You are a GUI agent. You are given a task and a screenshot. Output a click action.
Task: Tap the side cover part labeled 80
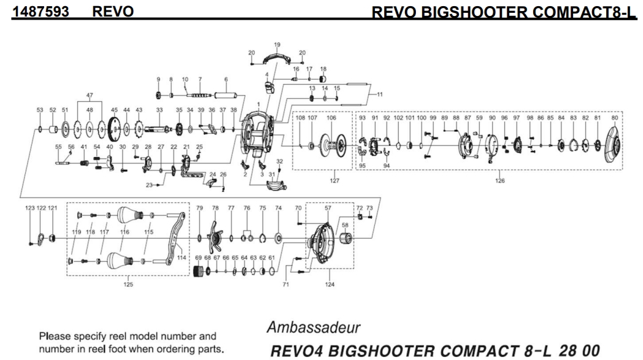(612, 146)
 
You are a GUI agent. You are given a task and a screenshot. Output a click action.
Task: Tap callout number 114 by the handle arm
(182, 258)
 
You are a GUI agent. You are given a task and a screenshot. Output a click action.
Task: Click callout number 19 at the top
(277, 45)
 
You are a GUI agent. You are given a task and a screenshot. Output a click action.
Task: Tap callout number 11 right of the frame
(379, 94)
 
